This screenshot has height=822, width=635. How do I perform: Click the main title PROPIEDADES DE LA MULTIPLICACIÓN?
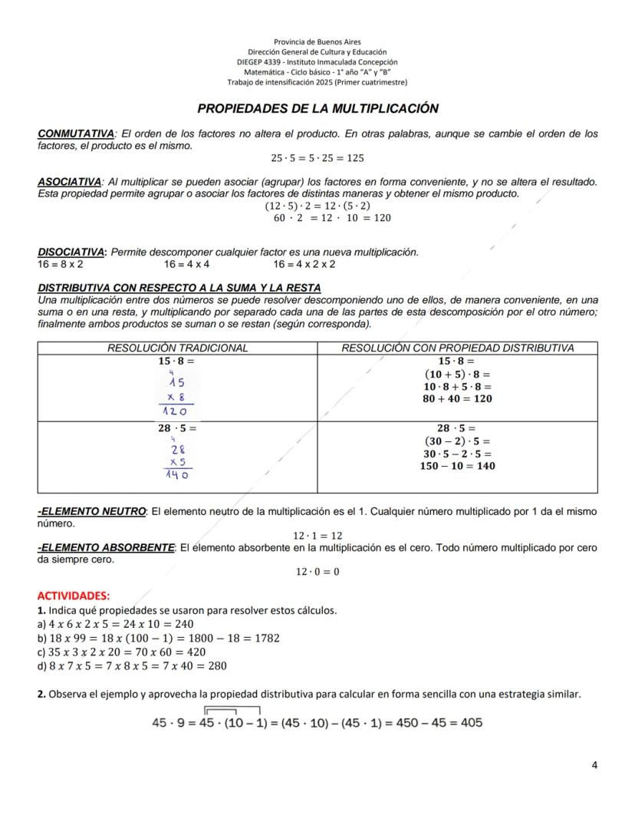click(317, 109)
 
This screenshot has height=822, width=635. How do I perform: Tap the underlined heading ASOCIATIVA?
click(70, 182)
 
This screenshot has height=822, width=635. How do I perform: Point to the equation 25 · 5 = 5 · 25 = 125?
click(317, 158)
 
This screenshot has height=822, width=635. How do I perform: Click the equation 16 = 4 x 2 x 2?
click(304, 264)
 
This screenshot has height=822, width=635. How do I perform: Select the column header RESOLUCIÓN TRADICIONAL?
click(177, 348)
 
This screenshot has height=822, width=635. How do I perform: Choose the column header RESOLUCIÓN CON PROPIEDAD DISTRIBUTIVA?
click(457, 348)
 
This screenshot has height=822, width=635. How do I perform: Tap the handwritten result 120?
click(176, 411)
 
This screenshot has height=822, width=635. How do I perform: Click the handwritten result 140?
click(176, 475)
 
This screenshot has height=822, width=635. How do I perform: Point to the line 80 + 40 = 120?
click(457, 399)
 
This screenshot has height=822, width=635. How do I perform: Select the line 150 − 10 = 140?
click(457, 466)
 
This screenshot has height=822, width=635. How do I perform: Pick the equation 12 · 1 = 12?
click(317, 536)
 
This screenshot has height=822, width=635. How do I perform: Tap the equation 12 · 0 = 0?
click(317, 572)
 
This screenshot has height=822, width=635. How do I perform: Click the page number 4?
click(594, 764)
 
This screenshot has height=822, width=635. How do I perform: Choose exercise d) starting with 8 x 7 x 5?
click(132, 665)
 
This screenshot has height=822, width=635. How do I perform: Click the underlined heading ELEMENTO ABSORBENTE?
click(107, 547)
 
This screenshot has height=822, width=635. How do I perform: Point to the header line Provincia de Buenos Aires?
click(317, 41)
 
